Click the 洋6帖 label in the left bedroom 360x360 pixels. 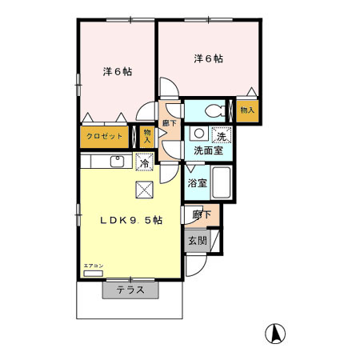pyautogui.click(x=117, y=70)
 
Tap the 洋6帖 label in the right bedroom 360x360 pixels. pyautogui.click(x=208, y=58)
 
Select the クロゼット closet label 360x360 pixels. pyautogui.click(x=105, y=136)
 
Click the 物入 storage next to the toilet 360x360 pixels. pyautogui.click(x=246, y=110)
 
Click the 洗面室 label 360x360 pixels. pyautogui.click(x=208, y=150)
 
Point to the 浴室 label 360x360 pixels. pyautogui.click(x=197, y=183)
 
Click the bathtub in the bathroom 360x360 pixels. pyautogui.click(x=222, y=184)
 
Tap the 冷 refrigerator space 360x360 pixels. pyautogui.click(x=144, y=162)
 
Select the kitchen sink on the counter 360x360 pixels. pyautogui.click(x=116, y=162)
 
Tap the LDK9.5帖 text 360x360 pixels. pyautogui.click(x=131, y=220)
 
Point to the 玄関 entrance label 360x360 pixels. pyautogui.click(x=197, y=240)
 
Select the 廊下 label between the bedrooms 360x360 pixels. pyautogui.click(x=169, y=122)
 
